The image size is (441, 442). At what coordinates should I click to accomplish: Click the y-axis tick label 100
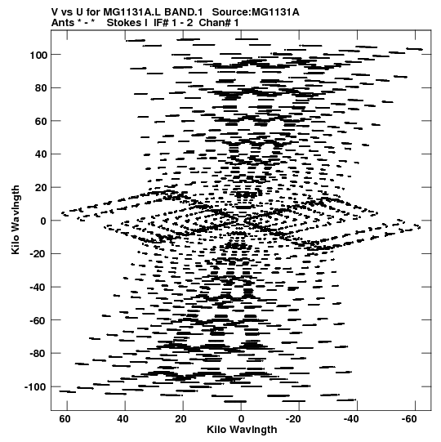pos(38,56)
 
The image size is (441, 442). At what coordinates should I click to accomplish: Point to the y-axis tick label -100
pos(35,387)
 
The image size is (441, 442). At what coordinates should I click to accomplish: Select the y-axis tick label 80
pos(41,88)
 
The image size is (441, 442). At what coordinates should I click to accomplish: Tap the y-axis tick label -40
pos(38,288)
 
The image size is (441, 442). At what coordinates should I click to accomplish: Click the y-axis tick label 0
pos(43,221)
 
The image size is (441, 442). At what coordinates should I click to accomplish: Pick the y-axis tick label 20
pos(41,188)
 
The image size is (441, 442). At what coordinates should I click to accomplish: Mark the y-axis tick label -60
pos(38,321)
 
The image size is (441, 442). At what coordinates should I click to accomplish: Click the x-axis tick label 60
pos(65,419)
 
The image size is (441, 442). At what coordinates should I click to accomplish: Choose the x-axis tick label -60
pos(410,419)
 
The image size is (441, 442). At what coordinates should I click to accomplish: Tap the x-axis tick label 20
pos(180,419)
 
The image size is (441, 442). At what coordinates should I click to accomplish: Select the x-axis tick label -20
pos(294,419)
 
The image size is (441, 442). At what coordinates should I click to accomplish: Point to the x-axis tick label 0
pos(241,419)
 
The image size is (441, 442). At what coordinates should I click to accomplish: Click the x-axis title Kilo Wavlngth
pos(242,430)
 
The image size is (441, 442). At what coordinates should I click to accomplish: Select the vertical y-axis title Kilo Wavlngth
pos(16,220)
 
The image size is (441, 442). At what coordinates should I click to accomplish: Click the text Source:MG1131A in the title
pos(256,12)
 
